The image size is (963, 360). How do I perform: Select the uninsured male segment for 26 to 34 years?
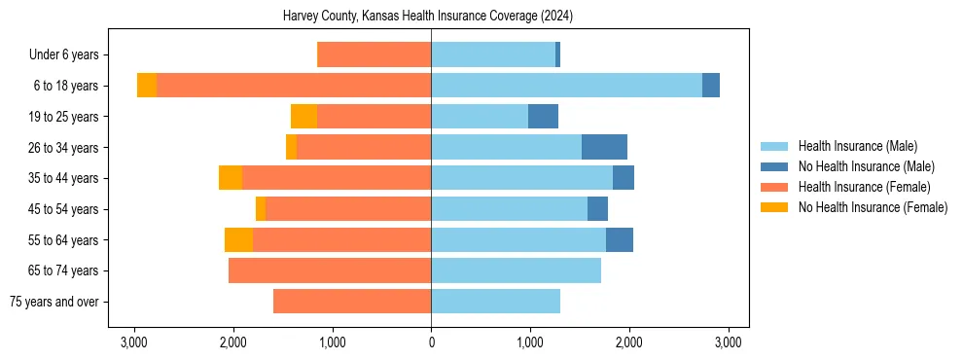(x=604, y=147)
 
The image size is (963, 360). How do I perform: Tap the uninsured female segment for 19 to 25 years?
(x=303, y=117)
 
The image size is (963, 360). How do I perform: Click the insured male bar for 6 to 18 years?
(x=566, y=86)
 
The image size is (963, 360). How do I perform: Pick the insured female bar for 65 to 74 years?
(x=330, y=270)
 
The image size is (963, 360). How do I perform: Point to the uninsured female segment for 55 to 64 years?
(x=238, y=240)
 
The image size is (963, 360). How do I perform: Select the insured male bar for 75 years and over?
(x=495, y=302)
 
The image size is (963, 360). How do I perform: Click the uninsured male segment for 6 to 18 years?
(x=711, y=86)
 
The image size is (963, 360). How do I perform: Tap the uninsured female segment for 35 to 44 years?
(x=231, y=178)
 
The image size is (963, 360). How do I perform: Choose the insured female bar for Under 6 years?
(x=374, y=54)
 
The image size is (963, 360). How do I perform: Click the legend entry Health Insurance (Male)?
(x=857, y=146)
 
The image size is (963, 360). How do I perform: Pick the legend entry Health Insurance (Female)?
(x=864, y=187)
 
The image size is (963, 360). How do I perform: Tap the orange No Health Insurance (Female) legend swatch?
(x=774, y=207)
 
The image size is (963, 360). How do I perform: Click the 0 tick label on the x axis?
(x=431, y=342)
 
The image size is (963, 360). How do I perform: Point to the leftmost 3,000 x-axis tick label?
(x=133, y=342)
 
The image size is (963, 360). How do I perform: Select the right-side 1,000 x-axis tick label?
(x=530, y=342)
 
